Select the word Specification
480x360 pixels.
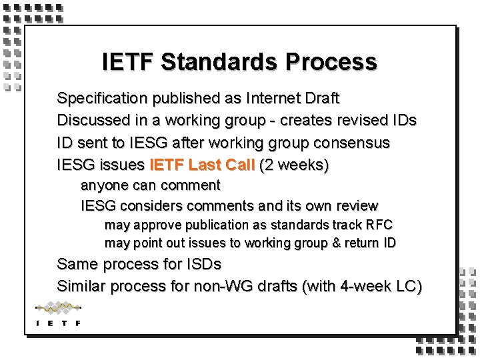pyautogui.click(x=103, y=99)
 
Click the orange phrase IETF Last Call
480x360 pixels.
pyautogui.click(x=203, y=165)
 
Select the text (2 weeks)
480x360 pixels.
pyautogui.click(x=294, y=165)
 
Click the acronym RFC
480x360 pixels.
pyautogui.click(x=378, y=225)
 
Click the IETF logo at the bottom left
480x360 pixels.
pyautogui.click(x=58, y=314)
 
